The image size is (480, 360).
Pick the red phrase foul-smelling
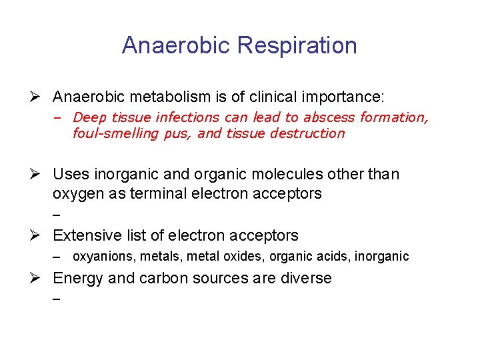coord(111,133)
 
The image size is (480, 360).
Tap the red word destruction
coord(313,133)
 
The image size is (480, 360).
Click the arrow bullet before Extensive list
coord(39,235)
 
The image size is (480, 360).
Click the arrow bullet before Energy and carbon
coord(39,278)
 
